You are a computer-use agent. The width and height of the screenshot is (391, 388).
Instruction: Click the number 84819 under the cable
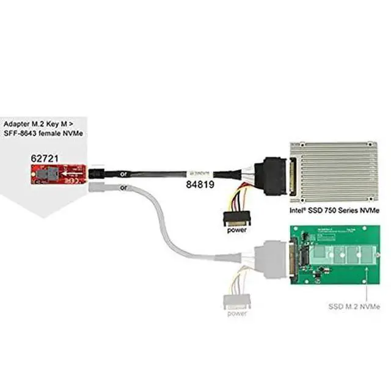pos(199,182)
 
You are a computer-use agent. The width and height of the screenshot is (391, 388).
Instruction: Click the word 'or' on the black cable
pos(124,174)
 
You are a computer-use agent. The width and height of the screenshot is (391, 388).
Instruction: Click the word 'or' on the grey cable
pos(124,188)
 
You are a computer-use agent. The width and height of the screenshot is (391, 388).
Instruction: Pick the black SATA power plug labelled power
pos(236,218)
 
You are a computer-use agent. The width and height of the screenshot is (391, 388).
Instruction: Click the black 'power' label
pos(236,230)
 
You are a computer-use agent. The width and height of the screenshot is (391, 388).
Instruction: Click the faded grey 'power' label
pos(236,313)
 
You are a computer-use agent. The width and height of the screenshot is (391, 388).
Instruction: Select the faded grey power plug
pos(236,300)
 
